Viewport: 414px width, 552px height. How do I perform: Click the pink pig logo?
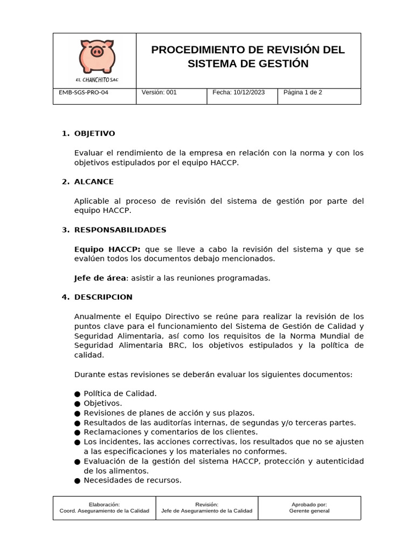click(x=97, y=56)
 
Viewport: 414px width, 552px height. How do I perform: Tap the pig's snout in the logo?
click(x=97, y=52)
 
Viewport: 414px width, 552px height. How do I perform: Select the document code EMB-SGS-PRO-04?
click(x=84, y=92)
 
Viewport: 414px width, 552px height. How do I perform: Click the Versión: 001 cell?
click(x=159, y=92)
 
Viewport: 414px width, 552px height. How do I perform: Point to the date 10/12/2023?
click(x=249, y=92)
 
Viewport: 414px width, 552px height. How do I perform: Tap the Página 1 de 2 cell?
click(x=302, y=92)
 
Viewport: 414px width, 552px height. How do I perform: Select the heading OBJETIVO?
click(x=94, y=134)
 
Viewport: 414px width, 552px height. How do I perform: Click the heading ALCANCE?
click(x=94, y=182)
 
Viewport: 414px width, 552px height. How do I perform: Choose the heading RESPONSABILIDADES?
click(x=120, y=230)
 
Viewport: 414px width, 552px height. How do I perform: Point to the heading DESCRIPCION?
click(x=103, y=297)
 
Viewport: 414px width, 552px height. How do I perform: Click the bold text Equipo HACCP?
click(x=107, y=249)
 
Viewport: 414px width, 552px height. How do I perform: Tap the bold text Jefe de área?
click(x=100, y=278)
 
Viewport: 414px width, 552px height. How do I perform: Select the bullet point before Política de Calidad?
click(x=78, y=394)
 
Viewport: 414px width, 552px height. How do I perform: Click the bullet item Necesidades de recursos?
click(x=132, y=480)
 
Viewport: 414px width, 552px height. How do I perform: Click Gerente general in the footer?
click(x=309, y=511)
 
